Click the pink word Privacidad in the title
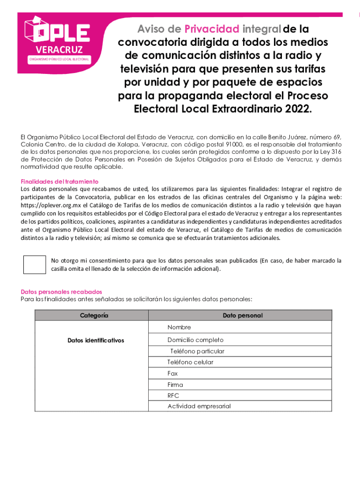coord(212,29)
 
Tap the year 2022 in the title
coord(296,109)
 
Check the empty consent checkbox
coord(35,265)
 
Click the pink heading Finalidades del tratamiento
coord(59,181)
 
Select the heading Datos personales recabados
coord(61,292)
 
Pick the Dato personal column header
coord(242,315)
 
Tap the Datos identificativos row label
coord(95,340)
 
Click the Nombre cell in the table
coord(179,327)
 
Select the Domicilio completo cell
coord(195,340)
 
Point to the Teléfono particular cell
coord(197,351)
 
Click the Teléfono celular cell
coord(190,362)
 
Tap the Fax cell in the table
coord(173,373)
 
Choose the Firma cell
coord(175,385)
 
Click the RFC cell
coord(173,396)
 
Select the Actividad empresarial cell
coord(199,406)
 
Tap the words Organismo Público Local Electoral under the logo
coord(59,60)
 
